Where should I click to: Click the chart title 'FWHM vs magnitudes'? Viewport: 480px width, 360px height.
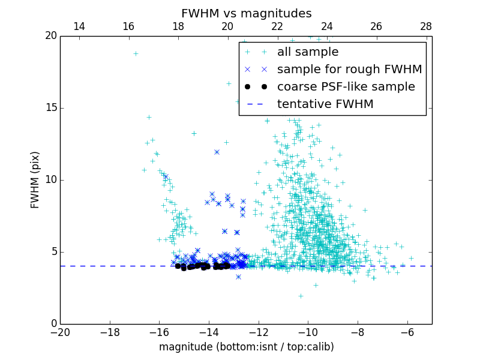[x=246, y=13]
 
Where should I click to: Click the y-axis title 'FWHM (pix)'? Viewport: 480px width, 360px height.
[x=35, y=180]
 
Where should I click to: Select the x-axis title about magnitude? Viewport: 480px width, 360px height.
[x=246, y=347]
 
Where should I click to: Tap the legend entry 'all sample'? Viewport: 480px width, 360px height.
[x=308, y=52]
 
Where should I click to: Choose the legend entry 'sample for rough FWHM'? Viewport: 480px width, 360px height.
[x=349, y=70]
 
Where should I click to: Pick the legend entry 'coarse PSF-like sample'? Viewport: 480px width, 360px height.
[x=346, y=87]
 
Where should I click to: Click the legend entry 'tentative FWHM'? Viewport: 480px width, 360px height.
[x=325, y=104]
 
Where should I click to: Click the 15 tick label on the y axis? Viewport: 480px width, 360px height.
[x=50, y=108]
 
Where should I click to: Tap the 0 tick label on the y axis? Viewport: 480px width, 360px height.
[x=53, y=324]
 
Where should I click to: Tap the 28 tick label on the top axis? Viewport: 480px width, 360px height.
[x=425, y=27]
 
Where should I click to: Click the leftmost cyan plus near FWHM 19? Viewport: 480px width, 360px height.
[x=136, y=53]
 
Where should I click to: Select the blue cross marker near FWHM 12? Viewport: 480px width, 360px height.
[x=217, y=152]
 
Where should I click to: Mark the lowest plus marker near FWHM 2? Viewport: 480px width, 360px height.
[x=301, y=296]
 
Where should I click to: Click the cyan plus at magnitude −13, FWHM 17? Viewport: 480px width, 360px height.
[x=229, y=83]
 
